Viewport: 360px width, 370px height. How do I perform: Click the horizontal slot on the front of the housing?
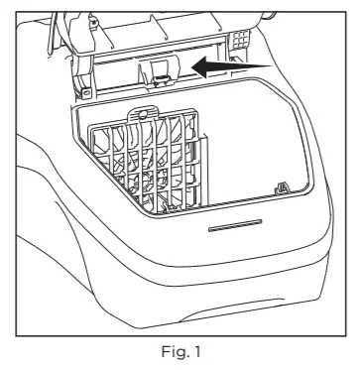pyautogui.click(x=235, y=224)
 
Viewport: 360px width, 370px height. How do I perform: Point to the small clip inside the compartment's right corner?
pyautogui.click(x=283, y=187)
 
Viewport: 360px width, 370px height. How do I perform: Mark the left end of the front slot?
pyautogui.click(x=208, y=227)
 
